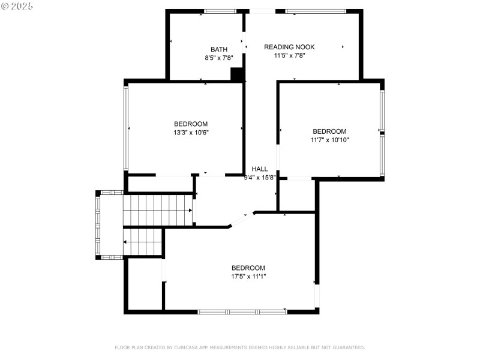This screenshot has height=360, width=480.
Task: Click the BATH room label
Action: tap(219, 49)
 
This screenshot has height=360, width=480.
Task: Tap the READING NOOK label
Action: tap(289, 47)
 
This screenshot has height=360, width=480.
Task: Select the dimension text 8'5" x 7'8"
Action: tap(219, 58)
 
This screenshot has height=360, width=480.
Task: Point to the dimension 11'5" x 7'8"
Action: tap(289, 55)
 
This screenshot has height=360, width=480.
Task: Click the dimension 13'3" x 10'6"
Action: tap(191, 133)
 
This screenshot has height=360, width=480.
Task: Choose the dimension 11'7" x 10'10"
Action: tap(329, 140)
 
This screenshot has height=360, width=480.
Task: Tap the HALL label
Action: tap(260, 169)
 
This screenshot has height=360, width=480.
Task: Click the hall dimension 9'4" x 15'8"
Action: tap(260, 177)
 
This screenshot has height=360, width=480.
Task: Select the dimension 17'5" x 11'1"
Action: tap(248, 276)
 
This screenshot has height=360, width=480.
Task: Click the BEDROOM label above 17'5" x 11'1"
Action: tap(248, 268)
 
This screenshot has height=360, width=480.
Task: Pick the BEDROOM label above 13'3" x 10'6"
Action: tap(191, 124)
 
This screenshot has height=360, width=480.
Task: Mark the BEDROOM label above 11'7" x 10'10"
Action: tap(329, 131)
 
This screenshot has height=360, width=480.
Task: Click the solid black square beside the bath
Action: tap(238, 74)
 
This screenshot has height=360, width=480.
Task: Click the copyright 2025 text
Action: tap(17, 5)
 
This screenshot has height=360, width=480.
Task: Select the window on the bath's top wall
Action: tap(220, 11)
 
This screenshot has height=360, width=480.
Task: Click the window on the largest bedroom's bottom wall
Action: tap(242, 311)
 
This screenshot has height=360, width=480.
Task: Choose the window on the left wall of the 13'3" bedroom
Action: tap(125, 128)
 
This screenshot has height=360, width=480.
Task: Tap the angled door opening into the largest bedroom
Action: tap(242, 219)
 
